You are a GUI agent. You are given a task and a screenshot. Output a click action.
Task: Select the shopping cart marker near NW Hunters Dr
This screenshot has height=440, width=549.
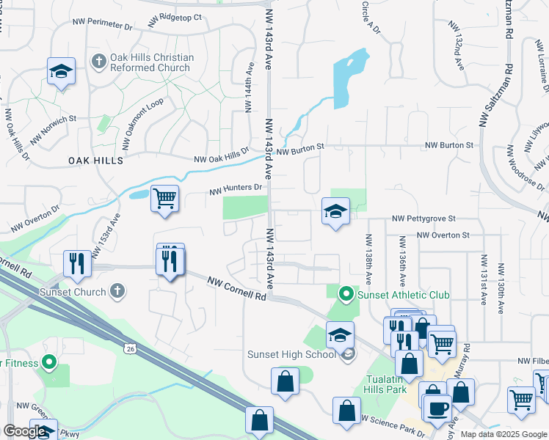click(165, 197)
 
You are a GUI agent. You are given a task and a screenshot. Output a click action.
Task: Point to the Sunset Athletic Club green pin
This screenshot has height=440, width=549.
click(346, 295)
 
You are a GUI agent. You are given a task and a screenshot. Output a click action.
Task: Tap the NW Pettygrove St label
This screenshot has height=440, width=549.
click(424, 219)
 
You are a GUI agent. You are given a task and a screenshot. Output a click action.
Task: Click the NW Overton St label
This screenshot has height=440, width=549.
click(443, 235)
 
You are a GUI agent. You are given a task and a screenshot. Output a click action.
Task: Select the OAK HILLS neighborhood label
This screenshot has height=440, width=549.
click(95, 160)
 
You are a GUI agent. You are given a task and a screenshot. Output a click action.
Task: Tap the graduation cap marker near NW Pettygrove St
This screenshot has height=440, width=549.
click(335, 211)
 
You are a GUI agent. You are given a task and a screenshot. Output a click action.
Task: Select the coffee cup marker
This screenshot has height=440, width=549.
click(437, 408)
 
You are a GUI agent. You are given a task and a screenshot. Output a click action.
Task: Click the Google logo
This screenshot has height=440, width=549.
click(25, 431)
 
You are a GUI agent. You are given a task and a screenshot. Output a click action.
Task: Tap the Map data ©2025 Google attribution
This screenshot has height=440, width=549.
click(503, 434)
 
